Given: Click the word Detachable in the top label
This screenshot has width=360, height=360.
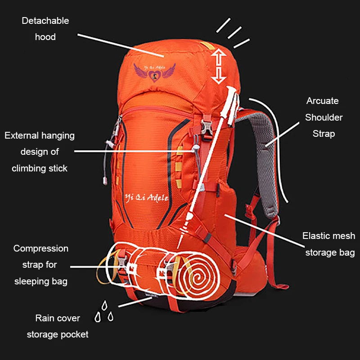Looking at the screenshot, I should coord(45,21).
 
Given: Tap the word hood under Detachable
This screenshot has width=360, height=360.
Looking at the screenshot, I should coord(45,37).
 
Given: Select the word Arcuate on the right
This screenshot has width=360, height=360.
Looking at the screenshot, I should coord(322,101).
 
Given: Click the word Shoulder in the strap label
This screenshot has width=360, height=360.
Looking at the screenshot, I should coord(324,117).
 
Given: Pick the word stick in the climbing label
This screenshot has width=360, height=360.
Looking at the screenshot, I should coord(58,168).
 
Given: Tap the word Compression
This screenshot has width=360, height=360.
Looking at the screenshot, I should coord(40,248).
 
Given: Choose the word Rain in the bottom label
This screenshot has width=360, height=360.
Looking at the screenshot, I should coord(45,318).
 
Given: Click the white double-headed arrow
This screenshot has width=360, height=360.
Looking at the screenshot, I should coord(218,66).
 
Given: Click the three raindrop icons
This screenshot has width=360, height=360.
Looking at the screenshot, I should coord(104,311).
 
